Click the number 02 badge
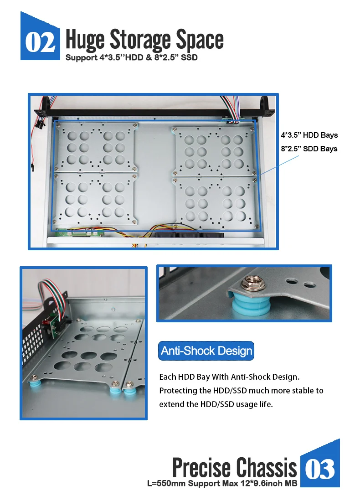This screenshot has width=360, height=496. (41, 42)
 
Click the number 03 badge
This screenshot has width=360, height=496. (320, 469)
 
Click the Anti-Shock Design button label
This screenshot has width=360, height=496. (206, 351)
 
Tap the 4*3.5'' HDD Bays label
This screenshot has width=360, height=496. (309, 135)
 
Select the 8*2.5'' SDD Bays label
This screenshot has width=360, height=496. (309, 149)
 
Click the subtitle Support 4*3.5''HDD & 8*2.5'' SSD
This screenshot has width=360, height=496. (131, 58)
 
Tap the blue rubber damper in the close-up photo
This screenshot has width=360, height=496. (250, 305)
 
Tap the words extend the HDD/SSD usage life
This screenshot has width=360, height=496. (216, 404)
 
